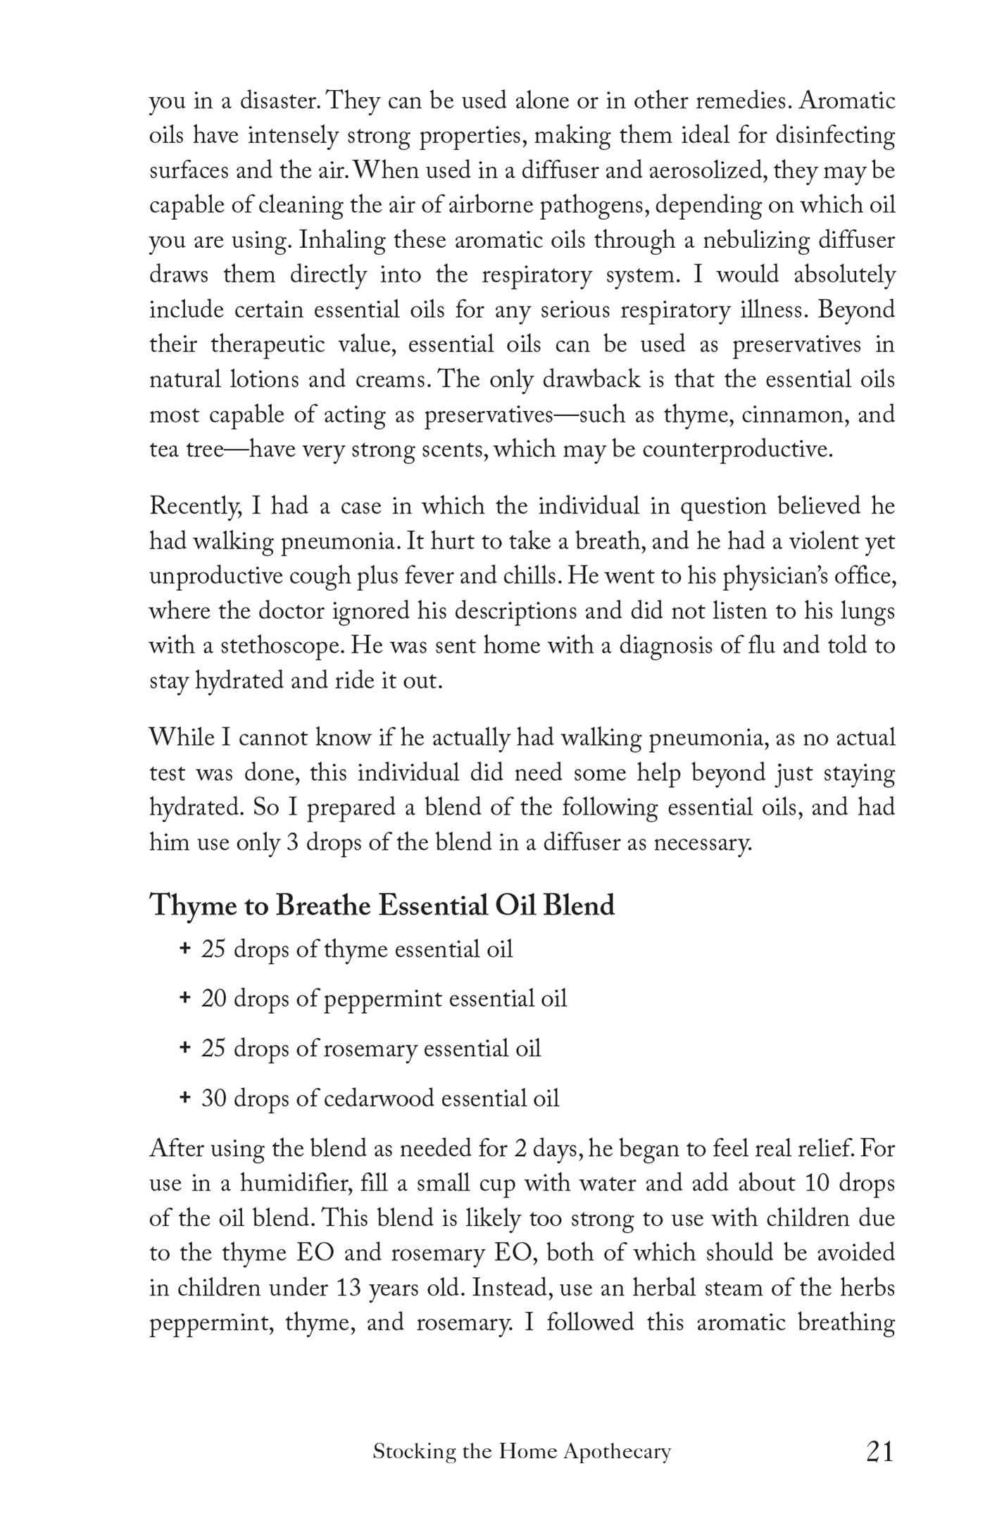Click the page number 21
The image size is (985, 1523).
(880, 1451)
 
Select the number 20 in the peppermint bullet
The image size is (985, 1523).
(213, 999)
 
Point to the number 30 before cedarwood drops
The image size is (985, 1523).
(213, 1098)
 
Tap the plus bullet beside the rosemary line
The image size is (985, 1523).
(184, 1048)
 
